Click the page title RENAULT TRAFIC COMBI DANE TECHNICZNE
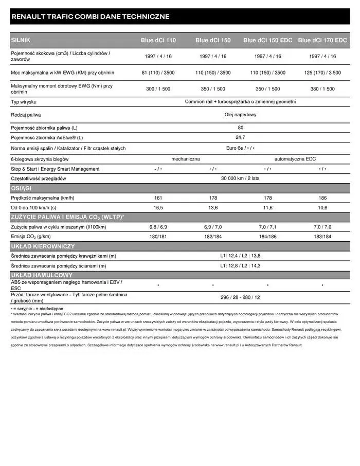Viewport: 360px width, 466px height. [90, 16]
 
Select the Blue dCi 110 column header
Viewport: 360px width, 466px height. [158, 40]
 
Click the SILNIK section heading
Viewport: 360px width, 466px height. [21, 40]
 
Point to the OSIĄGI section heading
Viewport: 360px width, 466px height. [21, 188]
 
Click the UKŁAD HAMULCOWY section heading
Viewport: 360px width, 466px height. [42, 275]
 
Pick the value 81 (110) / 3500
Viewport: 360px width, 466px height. [158, 73]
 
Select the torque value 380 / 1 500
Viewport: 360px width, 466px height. [322, 89]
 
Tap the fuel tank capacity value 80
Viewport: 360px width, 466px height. [240, 128]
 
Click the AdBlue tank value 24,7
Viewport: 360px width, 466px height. [240, 137]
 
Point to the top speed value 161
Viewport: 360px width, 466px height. [158, 198]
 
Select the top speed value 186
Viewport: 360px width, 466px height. [322, 198]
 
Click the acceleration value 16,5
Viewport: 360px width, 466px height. [158, 208]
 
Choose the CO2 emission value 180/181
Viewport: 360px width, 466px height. [158, 236]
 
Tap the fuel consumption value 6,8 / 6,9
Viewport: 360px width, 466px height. [158, 227]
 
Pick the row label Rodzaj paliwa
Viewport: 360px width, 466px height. [26, 115]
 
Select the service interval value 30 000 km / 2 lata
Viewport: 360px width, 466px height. [240, 178]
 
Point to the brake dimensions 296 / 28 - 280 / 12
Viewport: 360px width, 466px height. [240, 297]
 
